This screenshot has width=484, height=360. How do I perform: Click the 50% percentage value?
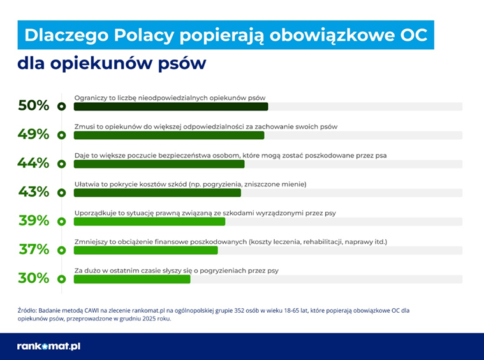(x=34, y=105)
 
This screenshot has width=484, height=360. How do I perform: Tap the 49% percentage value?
(x=34, y=134)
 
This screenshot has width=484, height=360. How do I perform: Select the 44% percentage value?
(x=34, y=163)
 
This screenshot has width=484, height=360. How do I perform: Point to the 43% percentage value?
(x=34, y=191)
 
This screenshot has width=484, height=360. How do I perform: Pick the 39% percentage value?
(x=34, y=220)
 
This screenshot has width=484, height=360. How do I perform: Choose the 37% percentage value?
(x=34, y=249)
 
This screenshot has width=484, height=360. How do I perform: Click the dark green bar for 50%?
(x=170, y=107)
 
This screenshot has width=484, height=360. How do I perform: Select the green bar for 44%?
(x=159, y=164)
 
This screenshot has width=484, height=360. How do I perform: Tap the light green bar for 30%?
(x=132, y=279)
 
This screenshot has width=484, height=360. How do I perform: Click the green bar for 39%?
(x=149, y=221)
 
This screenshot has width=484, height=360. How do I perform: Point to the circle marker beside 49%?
(x=62, y=135)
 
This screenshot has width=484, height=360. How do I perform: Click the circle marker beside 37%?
(x=62, y=250)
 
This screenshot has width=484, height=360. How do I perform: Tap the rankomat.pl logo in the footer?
(x=48, y=347)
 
